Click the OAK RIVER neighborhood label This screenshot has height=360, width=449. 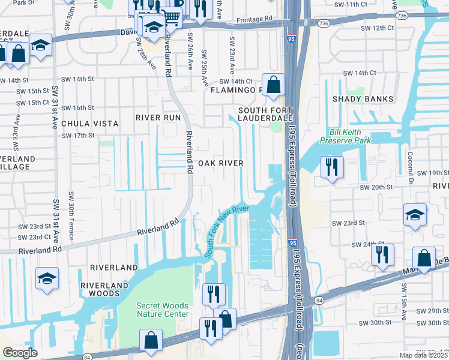click(221, 163)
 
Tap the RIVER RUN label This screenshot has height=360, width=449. click(158, 118)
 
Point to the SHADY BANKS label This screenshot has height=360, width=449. click(366, 99)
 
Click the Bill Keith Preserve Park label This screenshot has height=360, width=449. click(350, 136)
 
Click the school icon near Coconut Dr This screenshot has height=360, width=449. click(415, 215)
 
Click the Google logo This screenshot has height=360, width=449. click(20, 352)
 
